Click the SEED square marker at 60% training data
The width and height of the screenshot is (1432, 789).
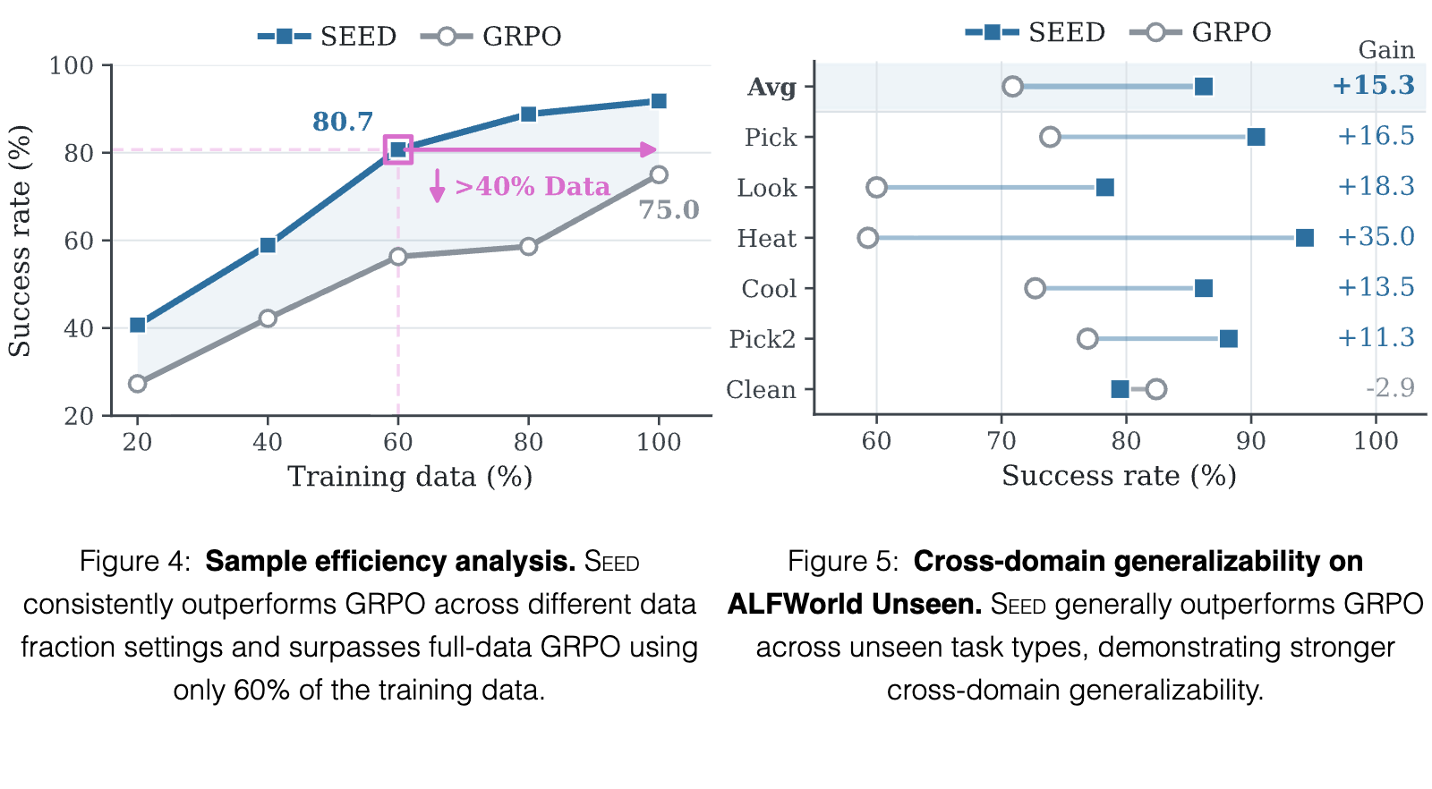(x=397, y=149)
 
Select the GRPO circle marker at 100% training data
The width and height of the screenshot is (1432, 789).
(x=659, y=174)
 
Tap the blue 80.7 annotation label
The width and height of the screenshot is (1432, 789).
(x=343, y=122)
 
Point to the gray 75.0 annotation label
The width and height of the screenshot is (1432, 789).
(x=669, y=209)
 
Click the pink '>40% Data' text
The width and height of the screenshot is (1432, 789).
(x=533, y=187)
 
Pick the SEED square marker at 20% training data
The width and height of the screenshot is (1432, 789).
(x=138, y=325)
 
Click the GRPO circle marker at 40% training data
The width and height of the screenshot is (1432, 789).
(x=268, y=318)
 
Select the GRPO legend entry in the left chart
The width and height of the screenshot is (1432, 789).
(x=491, y=36)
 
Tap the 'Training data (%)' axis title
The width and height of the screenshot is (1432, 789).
(x=410, y=477)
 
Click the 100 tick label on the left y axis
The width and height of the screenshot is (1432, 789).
(x=71, y=65)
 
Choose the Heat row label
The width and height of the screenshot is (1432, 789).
(x=766, y=238)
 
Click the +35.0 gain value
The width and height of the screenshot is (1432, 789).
(x=1376, y=236)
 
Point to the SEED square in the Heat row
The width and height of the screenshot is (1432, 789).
(x=1304, y=238)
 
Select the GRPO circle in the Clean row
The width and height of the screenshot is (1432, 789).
(x=1155, y=389)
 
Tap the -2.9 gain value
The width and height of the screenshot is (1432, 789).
(x=1390, y=388)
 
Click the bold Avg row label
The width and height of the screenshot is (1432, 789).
(x=771, y=86)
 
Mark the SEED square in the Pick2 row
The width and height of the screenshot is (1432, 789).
(x=1228, y=339)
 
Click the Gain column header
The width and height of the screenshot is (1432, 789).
(x=1386, y=49)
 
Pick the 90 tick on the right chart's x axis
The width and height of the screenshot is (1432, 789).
(x=1251, y=441)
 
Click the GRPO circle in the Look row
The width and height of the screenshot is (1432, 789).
(x=876, y=188)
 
